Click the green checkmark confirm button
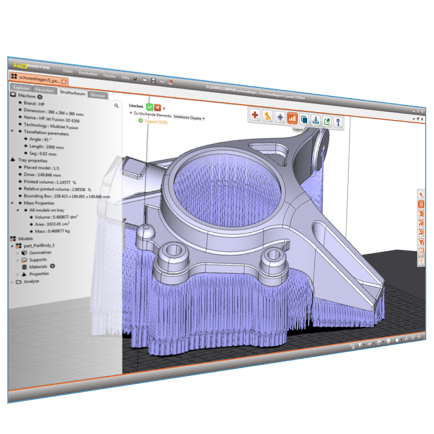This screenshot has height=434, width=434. click(150, 107)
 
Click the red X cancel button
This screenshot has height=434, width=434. click(158, 107)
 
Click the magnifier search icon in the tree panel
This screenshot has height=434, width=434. click(116, 105)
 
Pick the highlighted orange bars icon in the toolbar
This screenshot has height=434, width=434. click(292, 118)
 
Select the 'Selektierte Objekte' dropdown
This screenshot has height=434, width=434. click(189, 118)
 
